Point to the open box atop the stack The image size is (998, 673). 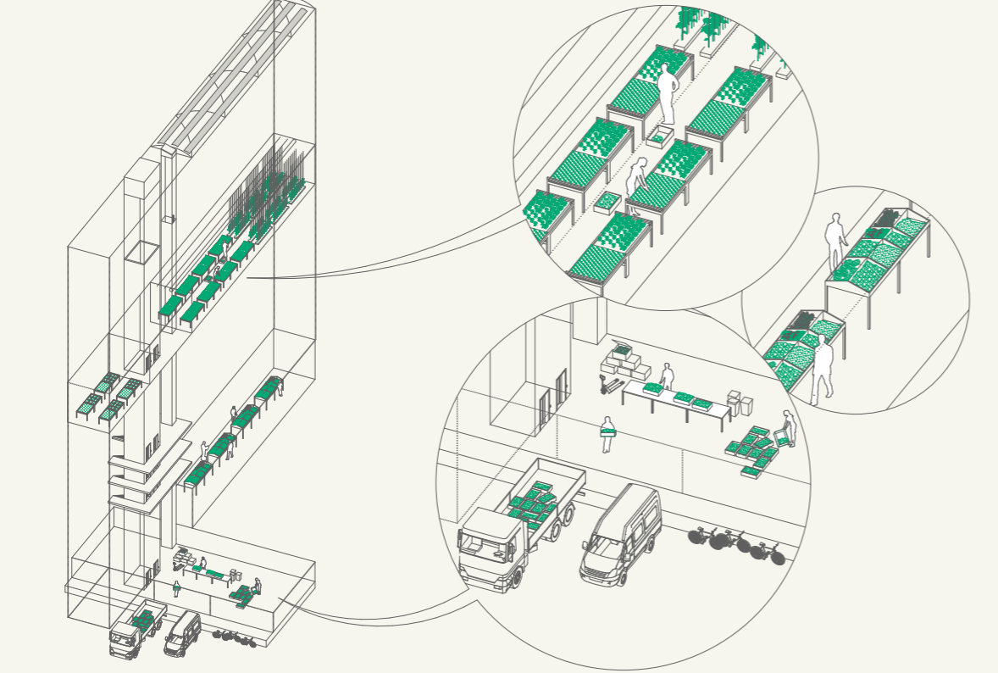pos(622,348)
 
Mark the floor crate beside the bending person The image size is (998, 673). pos(607,202)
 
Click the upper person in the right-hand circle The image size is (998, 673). pos(836,241)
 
